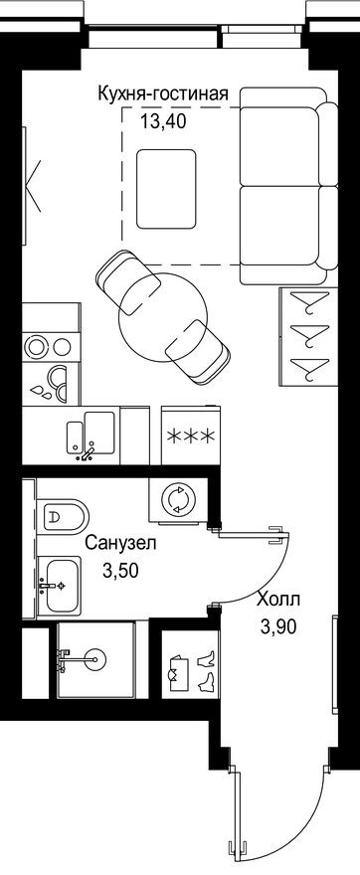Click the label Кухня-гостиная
163,94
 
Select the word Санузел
119,545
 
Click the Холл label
275,600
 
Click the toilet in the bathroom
63,514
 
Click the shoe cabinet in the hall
190,670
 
